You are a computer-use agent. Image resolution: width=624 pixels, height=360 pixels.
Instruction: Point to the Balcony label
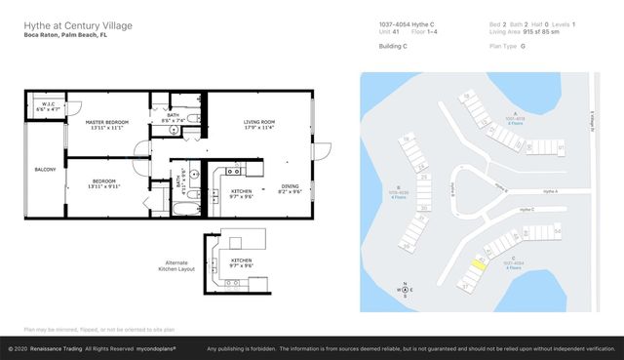tap(44, 169)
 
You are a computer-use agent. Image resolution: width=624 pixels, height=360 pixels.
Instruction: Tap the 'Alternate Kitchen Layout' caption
tap(179, 265)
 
